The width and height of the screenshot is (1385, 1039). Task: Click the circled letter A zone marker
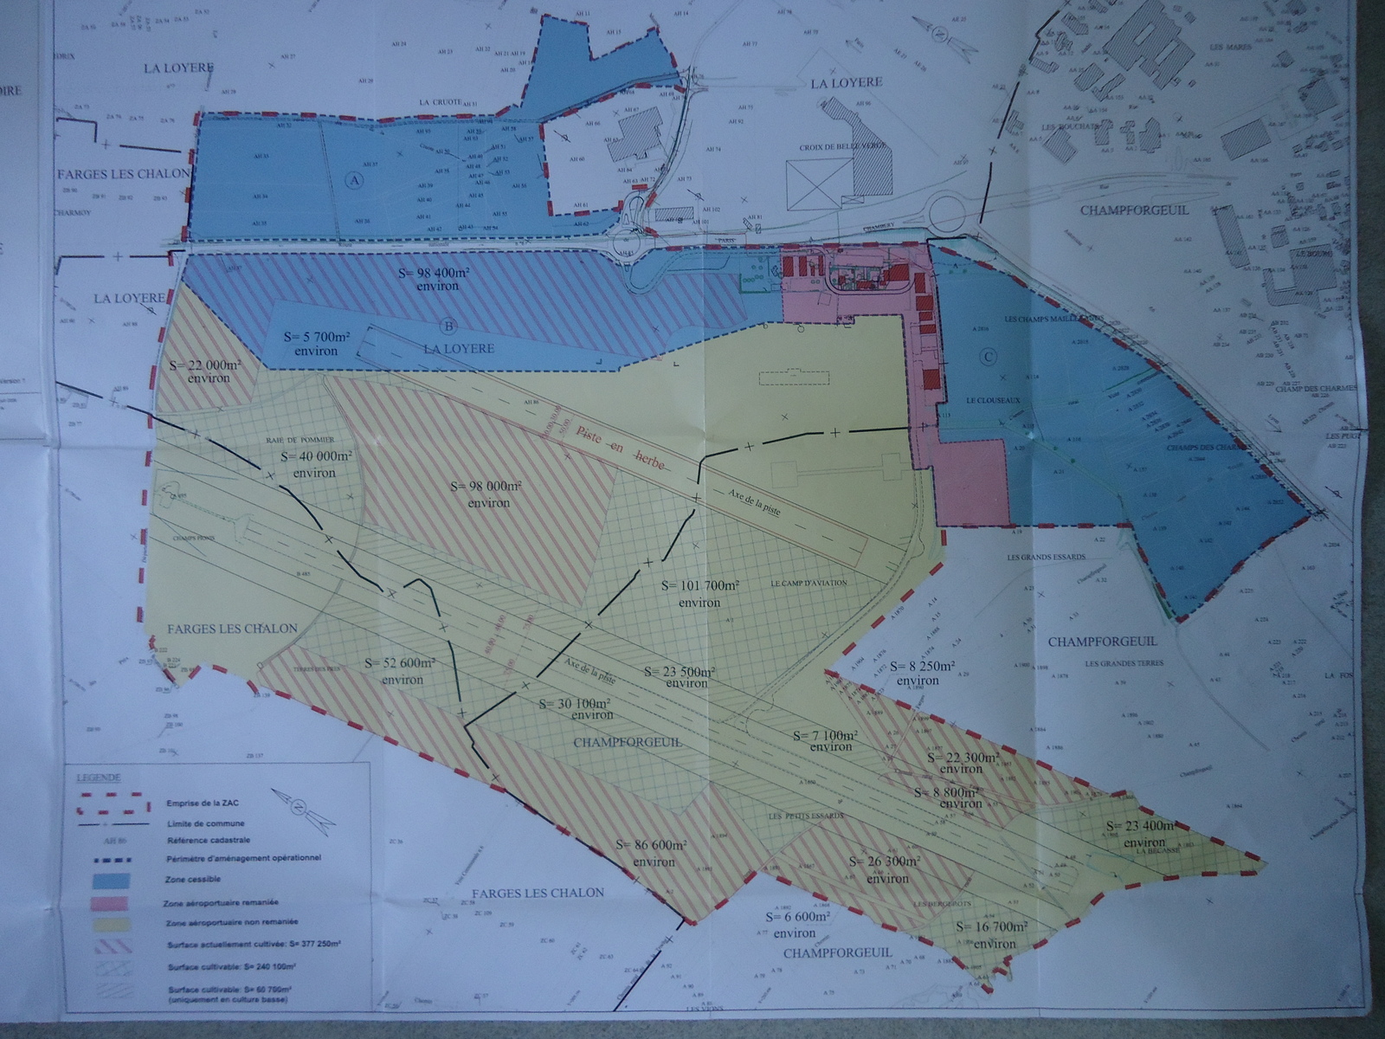click(353, 180)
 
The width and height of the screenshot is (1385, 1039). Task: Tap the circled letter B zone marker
click(448, 326)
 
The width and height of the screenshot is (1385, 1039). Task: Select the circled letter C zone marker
click(989, 356)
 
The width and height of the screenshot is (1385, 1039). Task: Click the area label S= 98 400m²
click(434, 278)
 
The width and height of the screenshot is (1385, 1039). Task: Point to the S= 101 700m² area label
click(699, 593)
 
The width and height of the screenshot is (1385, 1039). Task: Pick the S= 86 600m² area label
click(652, 853)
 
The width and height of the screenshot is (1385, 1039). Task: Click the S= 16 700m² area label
click(992, 934)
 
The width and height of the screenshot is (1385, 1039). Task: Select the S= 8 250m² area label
click(918, 673)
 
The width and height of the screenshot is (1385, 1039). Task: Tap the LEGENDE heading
click(97, 778)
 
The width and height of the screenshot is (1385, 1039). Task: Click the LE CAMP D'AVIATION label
click(808, 583)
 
